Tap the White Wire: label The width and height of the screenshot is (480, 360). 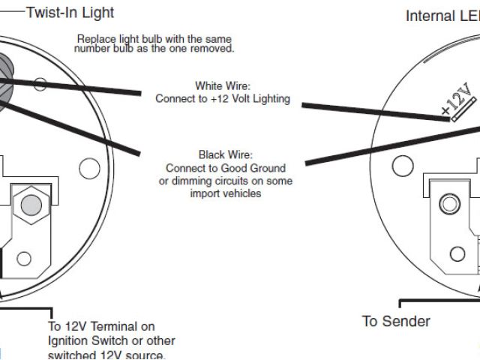pyautogui.click(x=222, y=85)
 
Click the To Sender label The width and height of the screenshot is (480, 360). pyautogui.click(x=396, y=322)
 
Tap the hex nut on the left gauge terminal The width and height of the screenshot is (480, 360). pyautogui.click(x=31, y=204)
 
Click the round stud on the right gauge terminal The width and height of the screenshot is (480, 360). pyautogui.click(x=450, y=204)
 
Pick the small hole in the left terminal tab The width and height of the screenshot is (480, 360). pyautogui.click(x=25, y=259)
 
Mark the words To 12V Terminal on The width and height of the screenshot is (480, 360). pyautogui.click(x=101, y=326)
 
